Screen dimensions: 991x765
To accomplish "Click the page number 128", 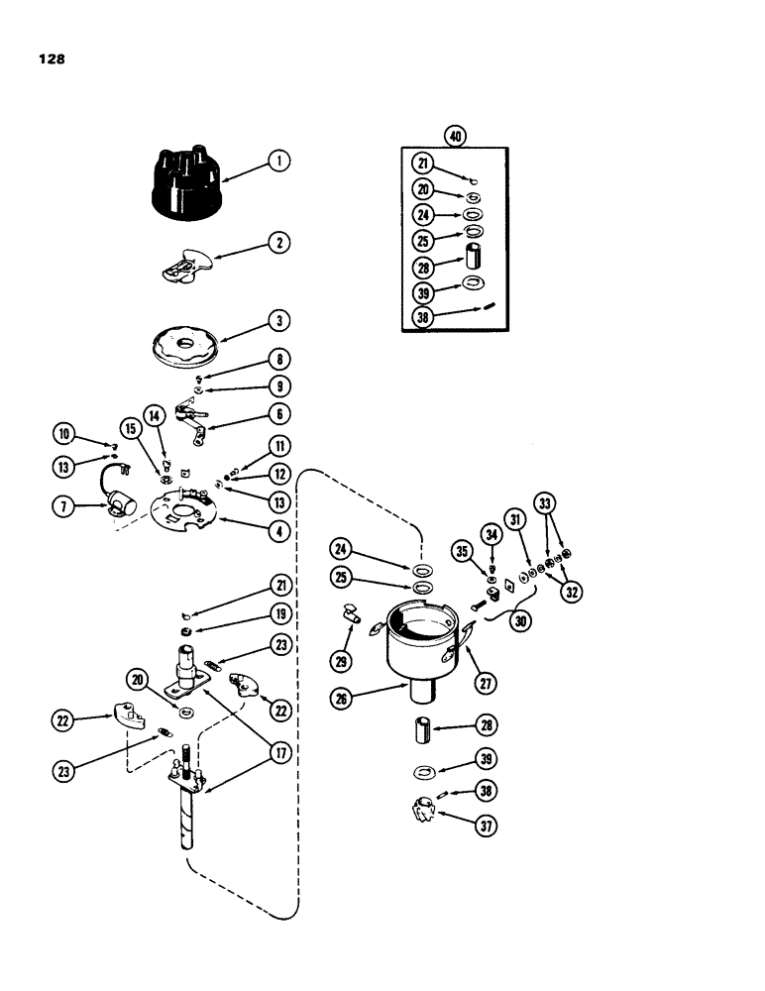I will coord(52,59).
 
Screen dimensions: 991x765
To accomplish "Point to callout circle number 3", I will coord(281,322).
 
